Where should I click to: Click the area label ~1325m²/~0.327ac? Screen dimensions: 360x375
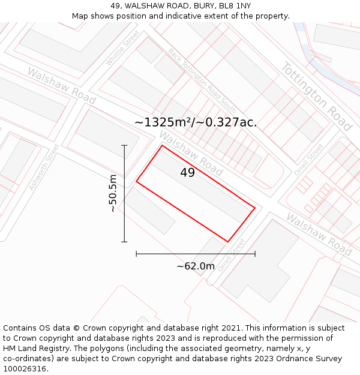pyautogui.click(x=196, y=122)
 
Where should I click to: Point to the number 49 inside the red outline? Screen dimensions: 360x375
pyautogui.click(x=187, y=173)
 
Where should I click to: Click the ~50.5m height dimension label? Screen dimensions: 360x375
pyautogui.click(x=113, y=193)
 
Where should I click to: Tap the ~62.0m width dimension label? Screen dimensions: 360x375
pyautogui.click(x=196, y=266)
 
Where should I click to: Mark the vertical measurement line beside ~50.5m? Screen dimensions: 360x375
pyautogui.click(x=124, y=193)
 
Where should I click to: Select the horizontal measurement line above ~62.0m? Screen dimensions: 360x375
pyautogui.click(x=196, y=254)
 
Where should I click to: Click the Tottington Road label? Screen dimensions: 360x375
pyautogui.click(x=316, y=96)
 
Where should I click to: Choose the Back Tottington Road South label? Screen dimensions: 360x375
pyautogui.click(x=202, y=80)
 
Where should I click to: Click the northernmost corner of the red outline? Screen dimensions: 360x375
pyautogui.click(x=162, y=145)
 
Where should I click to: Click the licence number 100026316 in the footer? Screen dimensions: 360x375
pyautogui.click(x=25, y=369)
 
